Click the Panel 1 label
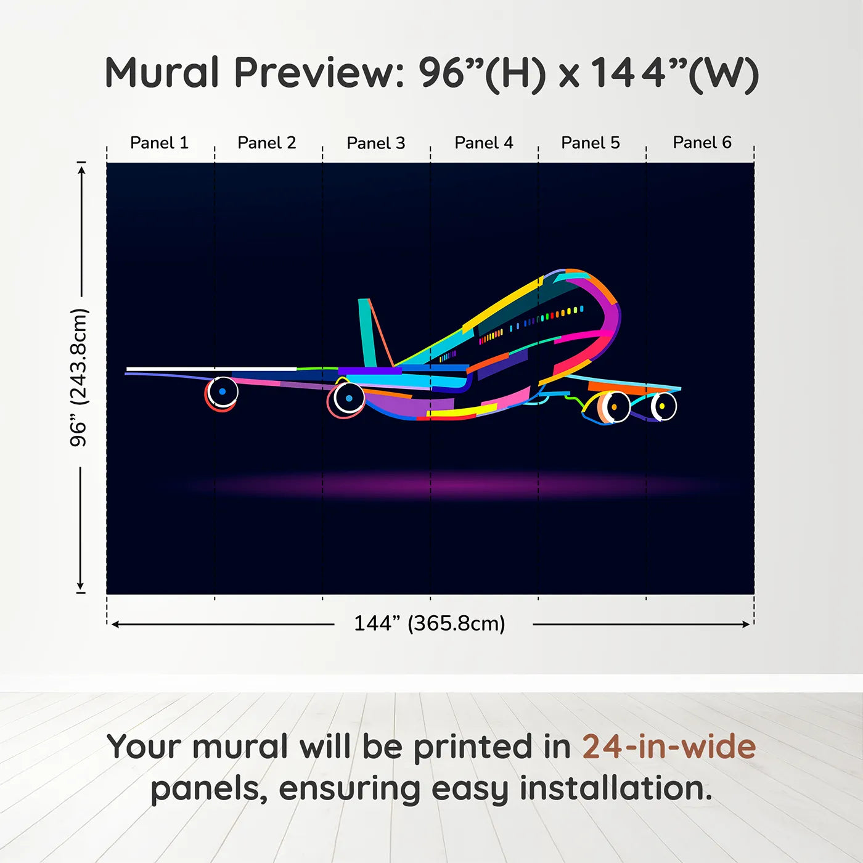159,143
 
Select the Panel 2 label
267,143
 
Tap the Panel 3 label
376,144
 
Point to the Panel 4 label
484,143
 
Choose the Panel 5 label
591,143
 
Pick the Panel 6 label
702,142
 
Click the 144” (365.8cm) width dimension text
430,623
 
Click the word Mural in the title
162,73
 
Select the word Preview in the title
319,73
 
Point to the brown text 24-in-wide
669,747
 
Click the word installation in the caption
615,788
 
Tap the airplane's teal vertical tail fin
367,333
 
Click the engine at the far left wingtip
222,392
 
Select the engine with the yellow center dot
663,406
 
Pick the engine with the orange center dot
613,407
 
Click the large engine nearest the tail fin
348,398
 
